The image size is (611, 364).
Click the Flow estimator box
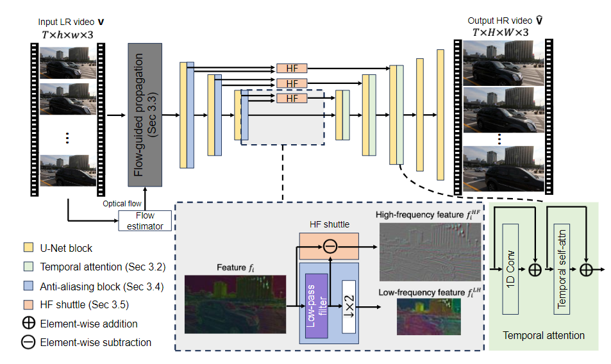click(145, 220)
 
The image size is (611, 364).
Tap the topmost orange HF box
click(292, 69)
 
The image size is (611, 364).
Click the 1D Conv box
click(510, 269)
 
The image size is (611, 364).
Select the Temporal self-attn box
click(562, 269)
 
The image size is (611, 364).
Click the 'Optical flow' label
click(122, 204)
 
